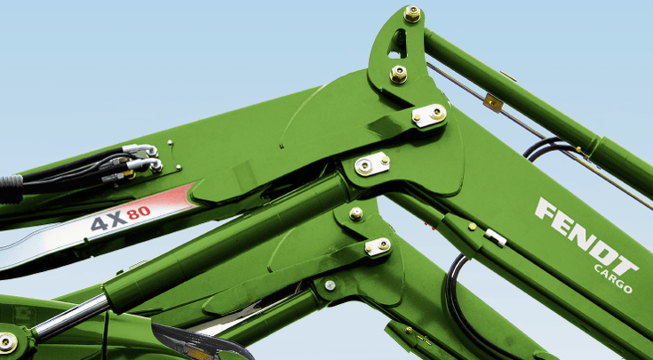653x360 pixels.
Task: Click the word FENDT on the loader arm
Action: [x=586, y=236]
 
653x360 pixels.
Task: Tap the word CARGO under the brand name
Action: [x=613, y=278]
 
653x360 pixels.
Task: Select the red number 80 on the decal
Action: [x=139, y=212]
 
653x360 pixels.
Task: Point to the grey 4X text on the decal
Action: [x=108, y=221]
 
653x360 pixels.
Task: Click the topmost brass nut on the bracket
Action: [x=412, y=13]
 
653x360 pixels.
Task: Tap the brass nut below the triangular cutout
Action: [x=399, y=74]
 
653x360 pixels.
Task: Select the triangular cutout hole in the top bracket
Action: [x=398, y=44]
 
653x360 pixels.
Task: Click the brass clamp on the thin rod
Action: [x=494, y=102]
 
